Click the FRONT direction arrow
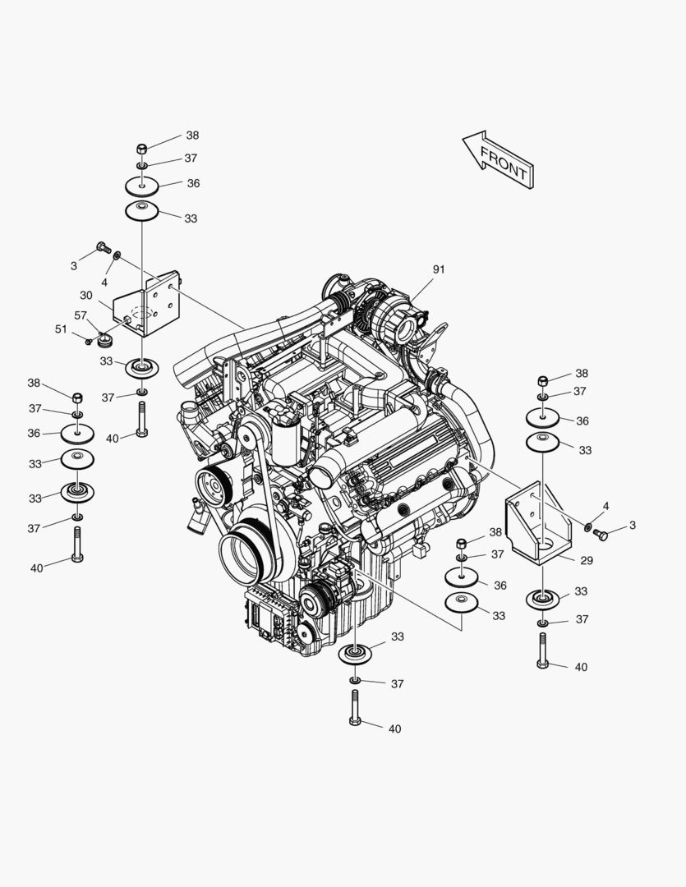498,159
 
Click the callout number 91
439,270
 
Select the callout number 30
86,296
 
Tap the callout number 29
587,561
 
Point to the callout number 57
81,315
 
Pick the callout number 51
61,329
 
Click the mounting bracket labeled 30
146,304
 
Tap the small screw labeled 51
88,341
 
